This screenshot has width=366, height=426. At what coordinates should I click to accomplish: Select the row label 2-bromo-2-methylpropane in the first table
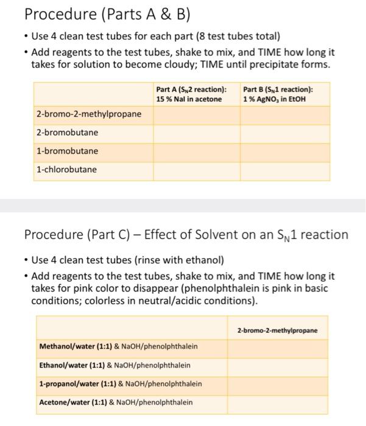88,114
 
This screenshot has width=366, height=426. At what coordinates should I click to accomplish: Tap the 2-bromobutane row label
67,133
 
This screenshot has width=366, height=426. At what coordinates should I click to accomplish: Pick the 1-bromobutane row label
67,151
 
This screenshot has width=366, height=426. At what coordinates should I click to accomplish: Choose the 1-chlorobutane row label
66,170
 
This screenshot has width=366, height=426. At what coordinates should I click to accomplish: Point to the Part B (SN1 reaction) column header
278,94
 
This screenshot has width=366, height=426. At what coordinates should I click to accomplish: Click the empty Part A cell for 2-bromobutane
196,133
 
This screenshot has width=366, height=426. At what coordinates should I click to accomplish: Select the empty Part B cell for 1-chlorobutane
284,170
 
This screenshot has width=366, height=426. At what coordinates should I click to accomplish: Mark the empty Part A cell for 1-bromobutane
196,151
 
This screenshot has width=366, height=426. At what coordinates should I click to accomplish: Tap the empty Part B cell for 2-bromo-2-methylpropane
284,114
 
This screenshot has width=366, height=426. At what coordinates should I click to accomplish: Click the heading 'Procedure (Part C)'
186,235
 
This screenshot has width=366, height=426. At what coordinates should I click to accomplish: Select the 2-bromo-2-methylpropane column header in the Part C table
278,330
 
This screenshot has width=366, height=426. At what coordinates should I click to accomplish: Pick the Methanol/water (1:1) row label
118,347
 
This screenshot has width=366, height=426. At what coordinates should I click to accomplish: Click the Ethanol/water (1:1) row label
114,365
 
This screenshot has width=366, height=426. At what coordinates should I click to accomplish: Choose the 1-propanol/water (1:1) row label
120,384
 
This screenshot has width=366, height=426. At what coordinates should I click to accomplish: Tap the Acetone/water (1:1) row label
116,402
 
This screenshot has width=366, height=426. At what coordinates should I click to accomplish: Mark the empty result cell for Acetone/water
278,402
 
